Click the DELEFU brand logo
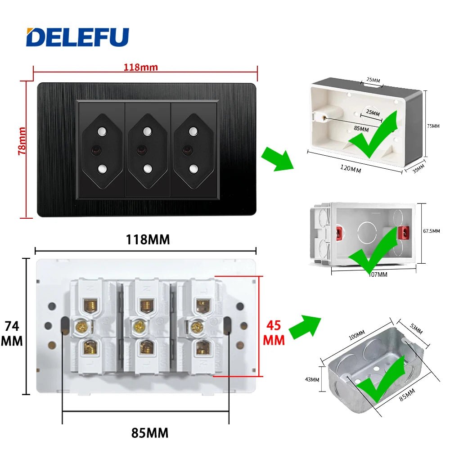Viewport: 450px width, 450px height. [x=77, y=37]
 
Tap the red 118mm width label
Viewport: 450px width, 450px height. [x=141, y=67]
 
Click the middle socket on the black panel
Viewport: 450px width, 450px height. [x=147, y=150]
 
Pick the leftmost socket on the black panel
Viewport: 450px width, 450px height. [x=102, y=150]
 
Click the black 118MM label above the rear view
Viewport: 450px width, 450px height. [x=147, y=239]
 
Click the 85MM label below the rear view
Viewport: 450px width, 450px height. [x=150, y=433]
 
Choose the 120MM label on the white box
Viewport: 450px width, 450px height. [x=350, y=169]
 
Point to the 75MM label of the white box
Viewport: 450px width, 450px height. [x=433, y=126]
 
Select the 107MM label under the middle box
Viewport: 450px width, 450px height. [x=378, y=274]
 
